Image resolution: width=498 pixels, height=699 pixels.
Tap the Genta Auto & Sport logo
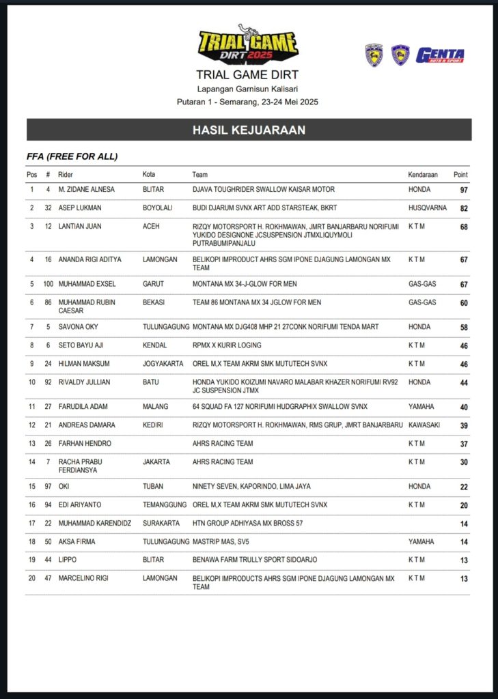(440, 55)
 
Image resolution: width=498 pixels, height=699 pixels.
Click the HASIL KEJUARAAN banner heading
(249, 130)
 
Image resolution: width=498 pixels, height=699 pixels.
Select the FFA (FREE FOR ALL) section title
(72, 156)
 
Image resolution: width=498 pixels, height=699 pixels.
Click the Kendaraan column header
(423, 175)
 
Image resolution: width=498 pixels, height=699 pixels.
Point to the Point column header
(460, 175)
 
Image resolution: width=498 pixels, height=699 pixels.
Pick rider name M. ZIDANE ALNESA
(86, 189)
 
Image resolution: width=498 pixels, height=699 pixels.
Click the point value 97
(464, 190)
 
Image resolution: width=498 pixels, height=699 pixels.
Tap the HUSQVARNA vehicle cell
(428, 208)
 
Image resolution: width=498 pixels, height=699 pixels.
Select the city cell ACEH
(152, 226)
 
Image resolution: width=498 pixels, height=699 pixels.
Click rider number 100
(48, 284)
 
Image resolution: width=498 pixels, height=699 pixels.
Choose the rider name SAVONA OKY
(78, 327)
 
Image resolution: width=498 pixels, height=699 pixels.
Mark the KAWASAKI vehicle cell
(424, 425)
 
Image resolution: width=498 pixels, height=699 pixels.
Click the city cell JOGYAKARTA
(163, 364)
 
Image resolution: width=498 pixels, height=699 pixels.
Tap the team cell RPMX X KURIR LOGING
(227, 345)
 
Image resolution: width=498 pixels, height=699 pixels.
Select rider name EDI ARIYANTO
(81, 505)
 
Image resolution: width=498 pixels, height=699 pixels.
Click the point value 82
(464, 208)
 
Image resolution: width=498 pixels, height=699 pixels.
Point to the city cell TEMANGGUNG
(165, 505)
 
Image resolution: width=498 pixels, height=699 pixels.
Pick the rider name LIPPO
(68, 560)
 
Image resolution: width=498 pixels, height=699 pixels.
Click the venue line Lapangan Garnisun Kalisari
(247, 89)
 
